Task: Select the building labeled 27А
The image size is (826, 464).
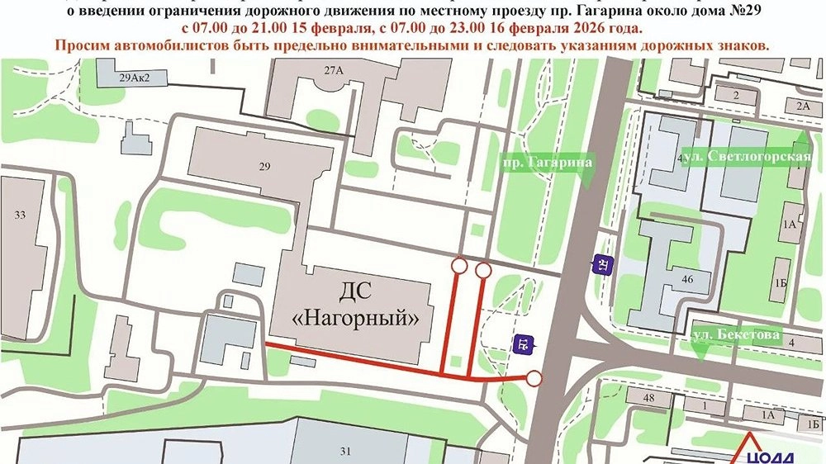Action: pos(334,70)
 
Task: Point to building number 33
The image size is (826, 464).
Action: pos(20,215)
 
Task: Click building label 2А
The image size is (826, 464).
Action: pos(803,106)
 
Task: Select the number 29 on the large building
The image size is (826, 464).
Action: pos(264,167)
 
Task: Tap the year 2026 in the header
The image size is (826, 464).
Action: pos(594,27)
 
